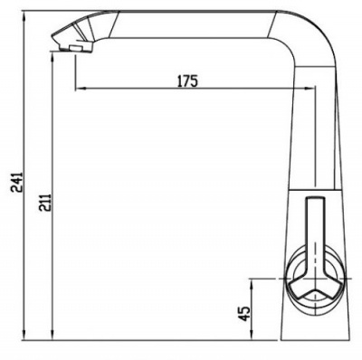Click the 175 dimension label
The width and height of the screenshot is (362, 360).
187,81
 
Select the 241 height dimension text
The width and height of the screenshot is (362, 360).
16,182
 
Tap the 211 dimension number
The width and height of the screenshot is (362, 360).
45,203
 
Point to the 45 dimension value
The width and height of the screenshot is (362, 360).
244,314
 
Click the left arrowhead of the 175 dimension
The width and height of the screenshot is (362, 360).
81,89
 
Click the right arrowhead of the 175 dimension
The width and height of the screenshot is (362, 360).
310,89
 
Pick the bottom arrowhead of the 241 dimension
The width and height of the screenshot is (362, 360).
24,335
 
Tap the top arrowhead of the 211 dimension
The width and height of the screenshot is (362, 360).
52,57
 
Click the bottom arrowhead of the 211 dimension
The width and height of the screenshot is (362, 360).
52,335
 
